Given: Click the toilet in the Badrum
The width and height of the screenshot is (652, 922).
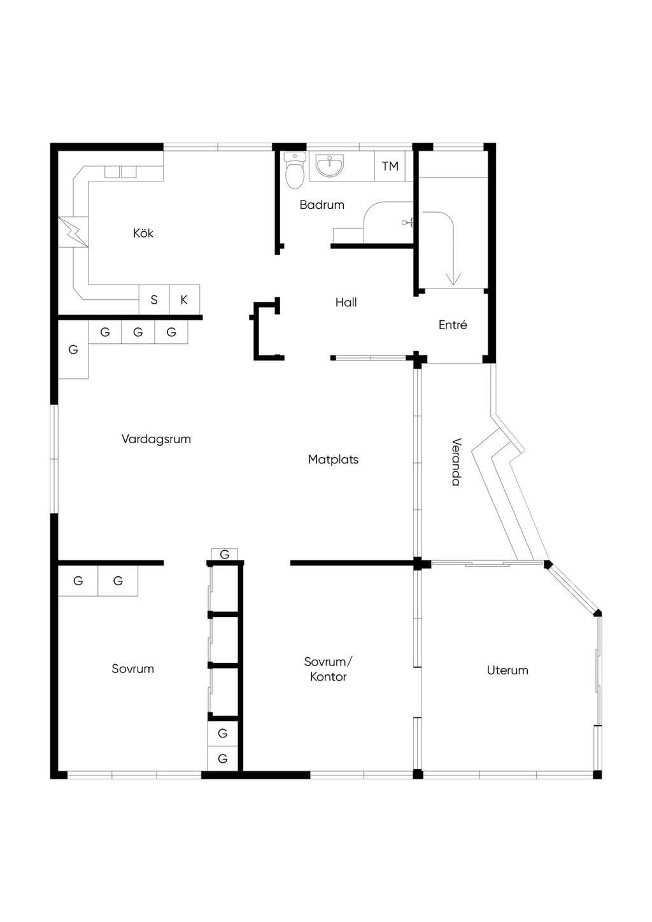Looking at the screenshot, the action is pyautogui.click(x=294, y=171).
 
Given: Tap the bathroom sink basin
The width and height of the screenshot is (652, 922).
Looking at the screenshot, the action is pyautogui.click(x=329, y=165).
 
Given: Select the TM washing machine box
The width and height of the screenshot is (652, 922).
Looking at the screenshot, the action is pyautogui.click(x=390, y=166).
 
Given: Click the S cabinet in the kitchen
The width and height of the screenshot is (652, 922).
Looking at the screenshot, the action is pyautogui.click(x=154, y=300).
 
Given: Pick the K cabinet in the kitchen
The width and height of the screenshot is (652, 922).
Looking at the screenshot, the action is pyautogui.click(x=185, y=300).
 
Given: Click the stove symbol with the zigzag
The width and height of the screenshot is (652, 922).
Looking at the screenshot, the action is pyautogui.click(x=73, y=232).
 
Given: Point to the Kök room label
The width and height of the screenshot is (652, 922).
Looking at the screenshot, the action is pyautogui.click(x=143, y=234).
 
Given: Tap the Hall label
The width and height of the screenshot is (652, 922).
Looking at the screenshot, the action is pyautogui.click(x=346, y=302).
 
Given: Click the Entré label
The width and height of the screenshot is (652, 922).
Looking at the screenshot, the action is pyautogui.click(x=453, y=325).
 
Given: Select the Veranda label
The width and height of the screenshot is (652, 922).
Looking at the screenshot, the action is pyautogui.click(x=456, y=462).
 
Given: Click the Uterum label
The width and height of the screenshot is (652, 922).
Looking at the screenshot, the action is pyautogui.click(x=507, y=670).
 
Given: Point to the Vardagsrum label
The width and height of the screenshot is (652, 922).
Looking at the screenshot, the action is pyautogui.click(x=156, y=439).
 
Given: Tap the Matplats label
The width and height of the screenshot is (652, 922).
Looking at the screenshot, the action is pyautogui.click(x=333, y=459).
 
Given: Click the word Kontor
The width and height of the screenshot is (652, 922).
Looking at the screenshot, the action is pyautogui.click(x=328, y=677).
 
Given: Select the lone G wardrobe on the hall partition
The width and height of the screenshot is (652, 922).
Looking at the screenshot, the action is pyautogui.click(x=224, y=555).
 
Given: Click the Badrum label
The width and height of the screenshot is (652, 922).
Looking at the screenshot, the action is pyautogui.click(x=322, y=204).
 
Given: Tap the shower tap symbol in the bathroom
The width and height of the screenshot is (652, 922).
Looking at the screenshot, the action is pyautogui.click(x=407, y=223).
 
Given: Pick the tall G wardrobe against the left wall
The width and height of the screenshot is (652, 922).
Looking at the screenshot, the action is pyautogui.click(x=73, y=350).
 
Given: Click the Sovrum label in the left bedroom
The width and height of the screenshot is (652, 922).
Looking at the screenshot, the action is pyautogui.click(x=132, y=669).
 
